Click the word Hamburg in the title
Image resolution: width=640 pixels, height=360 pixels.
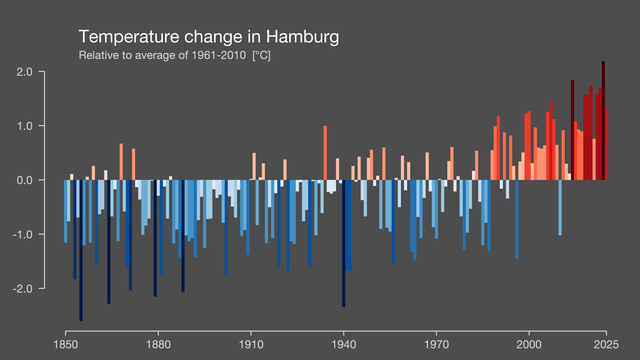pyautogui.click(x=302, y=37)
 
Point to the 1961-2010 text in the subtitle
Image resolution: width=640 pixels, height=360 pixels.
pyautogui.click(x=219, y=55)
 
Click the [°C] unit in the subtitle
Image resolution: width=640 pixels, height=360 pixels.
pyautogui.click(x=262, y=55)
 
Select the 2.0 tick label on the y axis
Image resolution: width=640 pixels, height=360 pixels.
pyautogui.click(x=24, y=72)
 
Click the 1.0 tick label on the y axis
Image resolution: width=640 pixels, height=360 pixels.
pyautogui.click(x=24, y=126)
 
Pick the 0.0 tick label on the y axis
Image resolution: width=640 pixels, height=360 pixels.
pyautogui.click(x=24, y=180)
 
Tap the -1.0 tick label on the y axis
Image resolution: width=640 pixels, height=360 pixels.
pyautogui.click(x=22, y=235)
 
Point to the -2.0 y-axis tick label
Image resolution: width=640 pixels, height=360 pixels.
pyautogui.click(x=22, y=289)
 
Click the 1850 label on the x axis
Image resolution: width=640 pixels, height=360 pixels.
pyautogui.click(x=66, y=345)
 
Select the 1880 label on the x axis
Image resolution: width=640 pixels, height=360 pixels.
pyautogui.click(x=158, y=345)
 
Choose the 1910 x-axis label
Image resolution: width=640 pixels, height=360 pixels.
pyautogui.click(x=251, y=345)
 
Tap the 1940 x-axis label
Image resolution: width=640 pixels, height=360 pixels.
pyautogui.click(x=344, y=345)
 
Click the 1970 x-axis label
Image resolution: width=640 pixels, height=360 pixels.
pyautogui.click(x=436, y=345)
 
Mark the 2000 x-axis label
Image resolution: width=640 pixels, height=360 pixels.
pyautogui.click(x=529, y=345)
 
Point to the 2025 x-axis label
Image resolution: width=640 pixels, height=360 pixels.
pyautogui.click(x=606, y=345)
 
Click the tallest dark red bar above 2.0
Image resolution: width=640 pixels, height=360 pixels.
pyautogui.click(x=603, y=120)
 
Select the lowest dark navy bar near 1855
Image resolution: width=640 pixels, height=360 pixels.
pyautogui.click(x=81, y=250)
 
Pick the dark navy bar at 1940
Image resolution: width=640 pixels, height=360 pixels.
pyautogui.click(x=344, y=243)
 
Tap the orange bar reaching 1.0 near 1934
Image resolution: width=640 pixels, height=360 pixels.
pyautogui.click(x=325, y=153)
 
